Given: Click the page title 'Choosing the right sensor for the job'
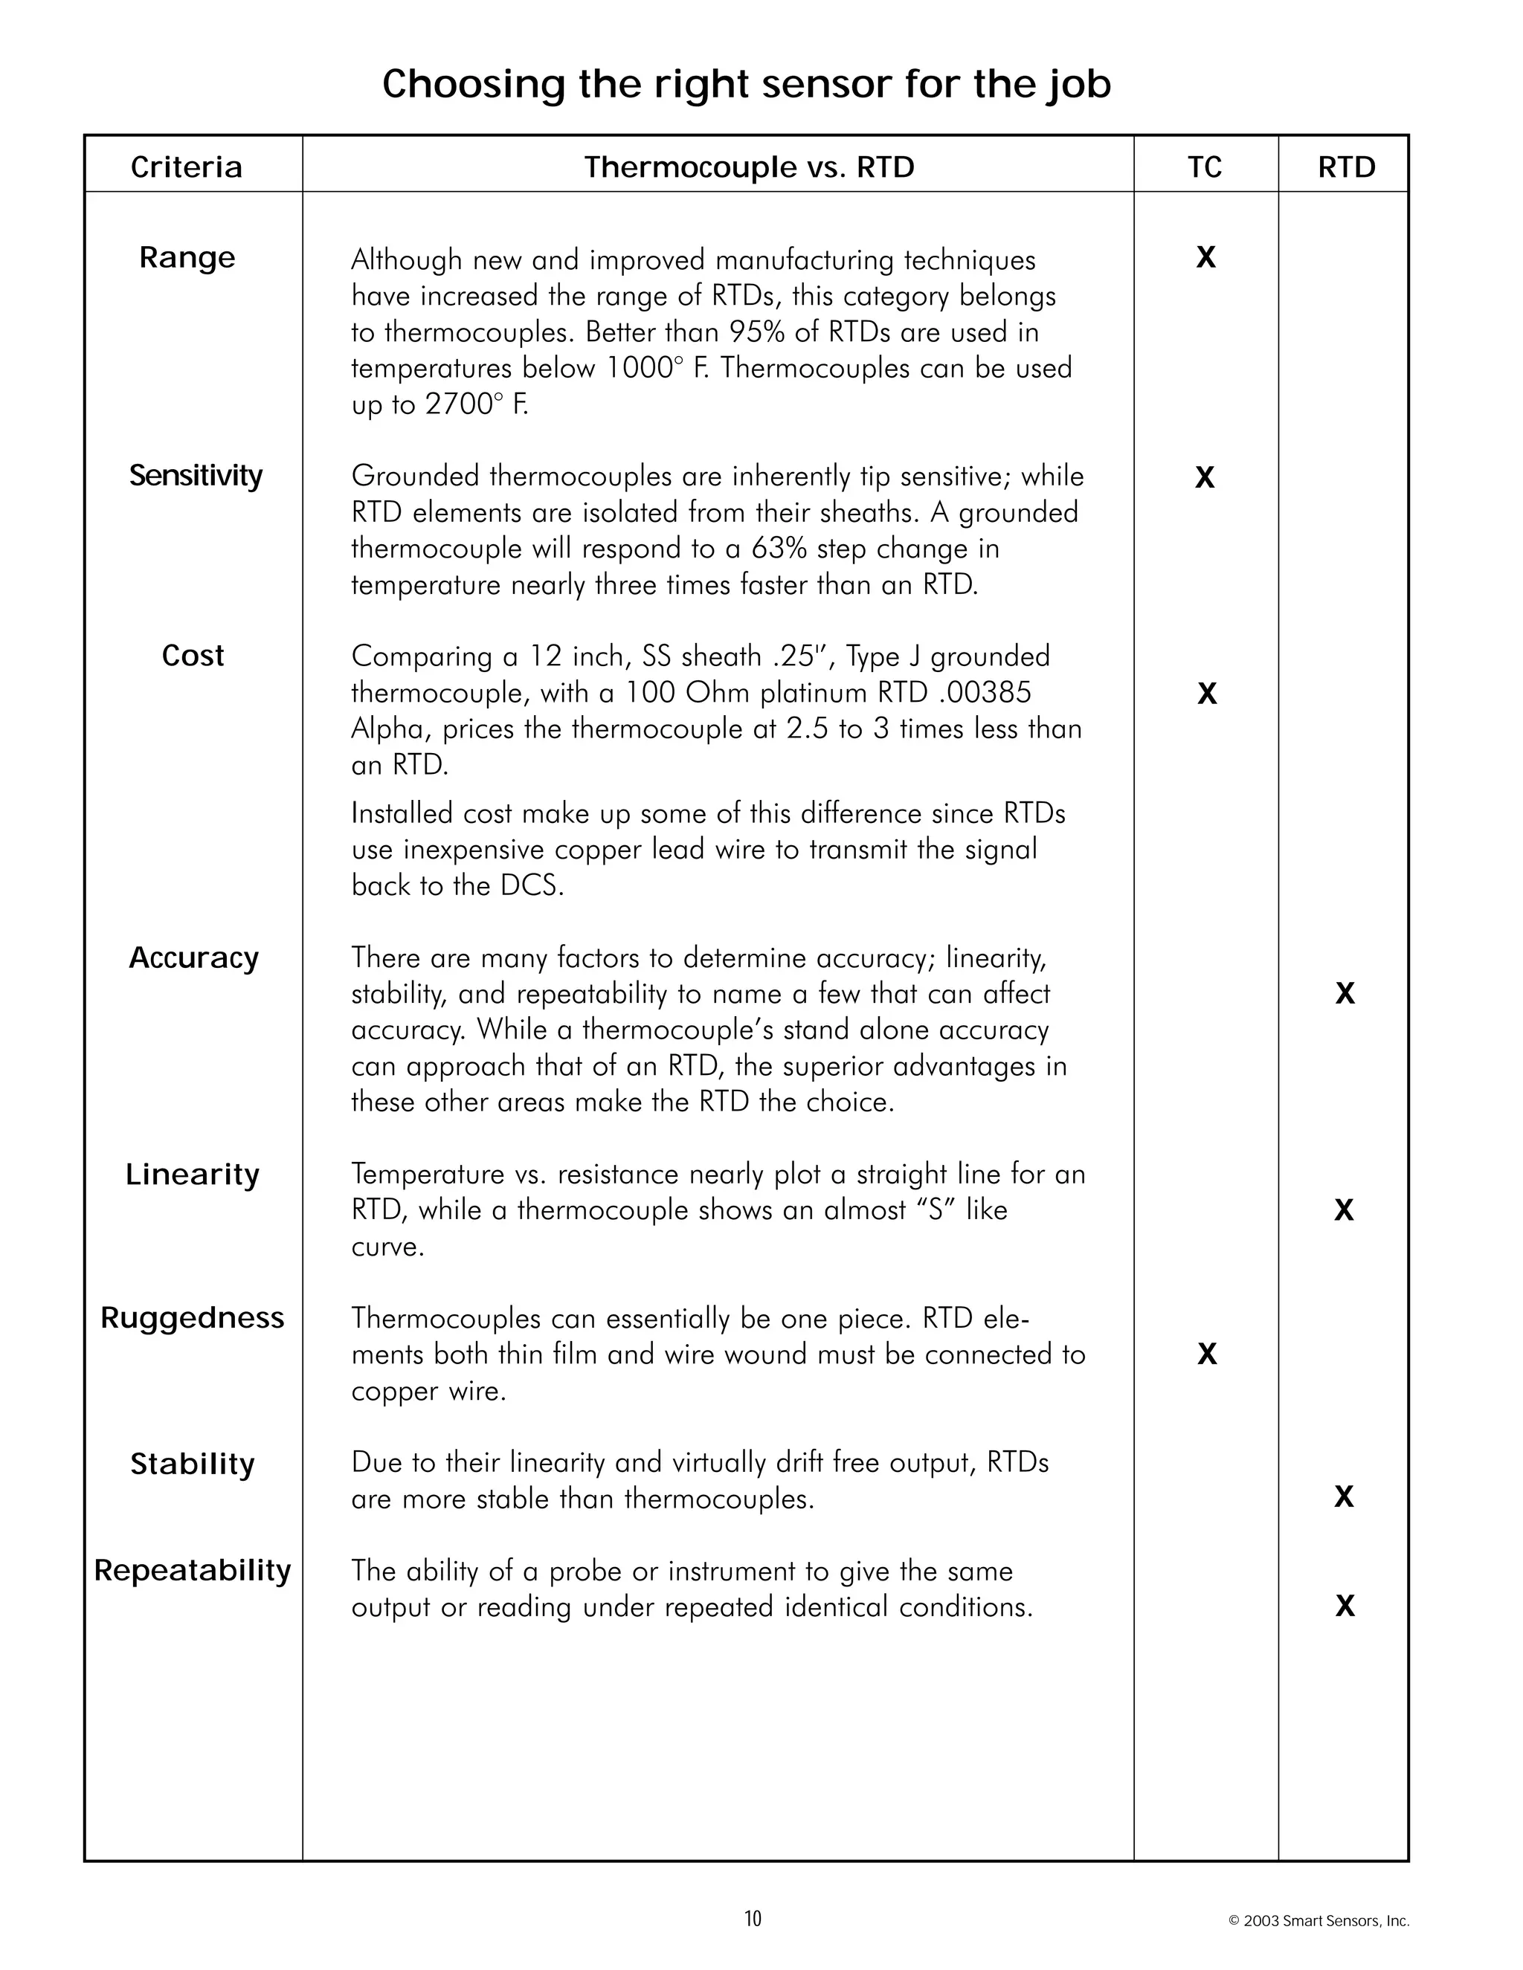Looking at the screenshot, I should [x=746, y=85].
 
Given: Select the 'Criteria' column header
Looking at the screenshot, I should [x=187, y=167].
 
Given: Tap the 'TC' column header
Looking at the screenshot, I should [x=1205, y=167].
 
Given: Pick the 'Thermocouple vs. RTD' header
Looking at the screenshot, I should [x=748, y=167].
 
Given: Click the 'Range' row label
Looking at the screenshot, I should [x=187, y=258].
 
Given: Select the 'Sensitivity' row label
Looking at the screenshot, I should [x=195, y=475].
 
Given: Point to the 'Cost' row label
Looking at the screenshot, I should [x=192, y=656].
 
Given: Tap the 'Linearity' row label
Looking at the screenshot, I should [x=192, y=1175].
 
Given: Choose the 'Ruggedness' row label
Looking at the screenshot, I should [x=192, y=1318].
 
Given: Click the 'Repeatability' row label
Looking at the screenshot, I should [x=192, y=1570].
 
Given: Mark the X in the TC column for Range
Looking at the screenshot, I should [x=1205, y=258].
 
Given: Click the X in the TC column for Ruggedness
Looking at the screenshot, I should [x=1206, y=1354].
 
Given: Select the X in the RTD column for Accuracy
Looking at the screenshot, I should [x=1345, y=994].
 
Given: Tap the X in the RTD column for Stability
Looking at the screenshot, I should [x=1344, y=1497].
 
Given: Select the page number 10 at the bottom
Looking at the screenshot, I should [x=753, y=1919].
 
